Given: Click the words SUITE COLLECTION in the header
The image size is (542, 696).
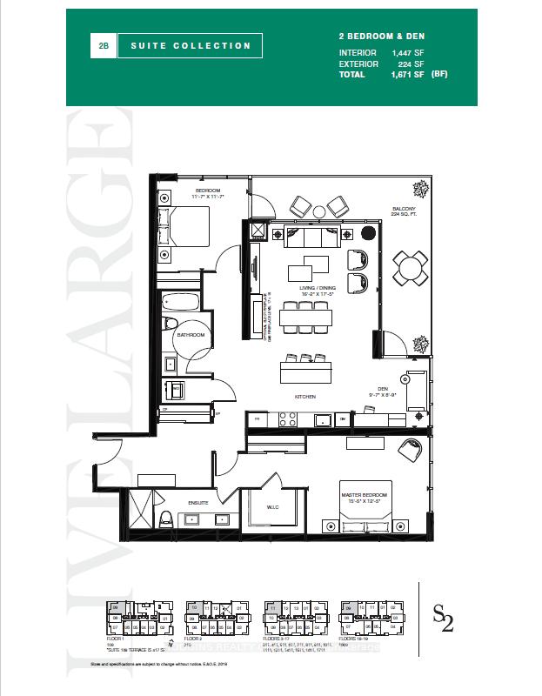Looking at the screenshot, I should [x=191, y=45].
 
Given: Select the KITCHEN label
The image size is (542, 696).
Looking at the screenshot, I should [x=303, y=396].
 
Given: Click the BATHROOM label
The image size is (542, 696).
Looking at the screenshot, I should [x=191, y=335].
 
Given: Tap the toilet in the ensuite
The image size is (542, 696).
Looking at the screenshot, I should [x=166, y=519].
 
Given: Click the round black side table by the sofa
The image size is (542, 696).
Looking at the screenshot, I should [x=367, y=233].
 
